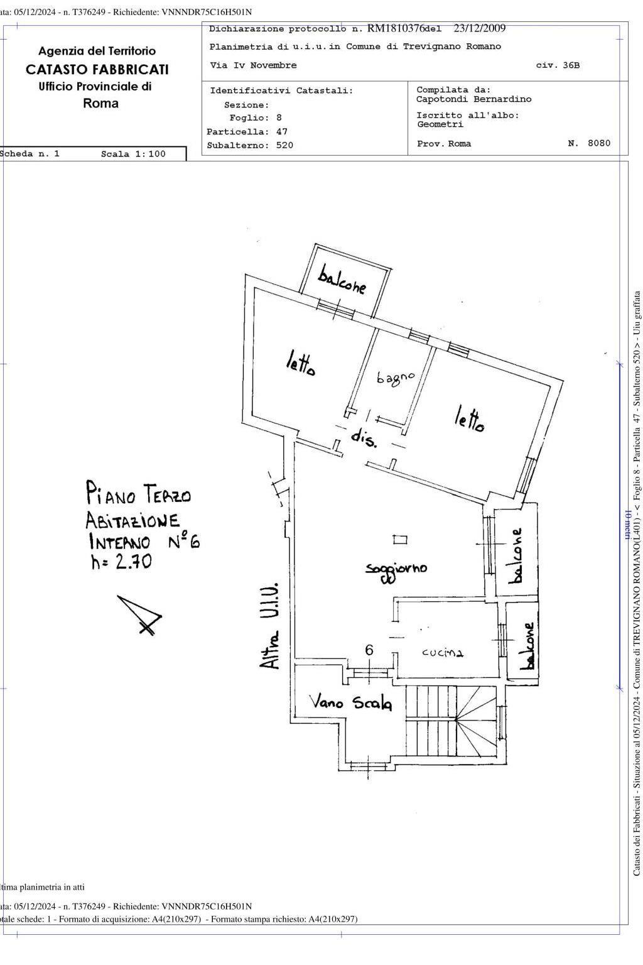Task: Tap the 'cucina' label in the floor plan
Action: pyautogui.click(x=442, y=653)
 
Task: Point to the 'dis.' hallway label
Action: pyautogui.click(x=364, y=438)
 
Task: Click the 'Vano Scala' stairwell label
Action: pyautogui.click(x=351, y=704)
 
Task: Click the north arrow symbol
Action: pyautogui.click(x=140, y=614)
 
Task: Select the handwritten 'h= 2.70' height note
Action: pyautogui.click(x=121, y=562)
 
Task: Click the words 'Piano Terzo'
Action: pyautogui.click(x=138, y=493)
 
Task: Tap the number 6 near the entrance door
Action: pyautogui.click(x=369, y=650)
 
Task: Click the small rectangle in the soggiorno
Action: pyautogui.click(x=400, y=540)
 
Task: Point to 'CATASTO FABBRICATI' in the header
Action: pyautogui.click(x=97, y=69)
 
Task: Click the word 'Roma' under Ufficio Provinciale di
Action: pyautogui.click(x=100, y=104)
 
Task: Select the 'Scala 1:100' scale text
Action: pyautogui.click(x=133, y=154)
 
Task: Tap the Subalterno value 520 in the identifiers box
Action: pyautogui.click(x=284, y=145)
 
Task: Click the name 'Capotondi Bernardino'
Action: pyautogui.click(x=473, y=99)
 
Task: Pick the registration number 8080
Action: pyautogui.click(x=599, y=143)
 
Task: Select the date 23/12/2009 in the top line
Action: pyautogui.click(x=479, y=28)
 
